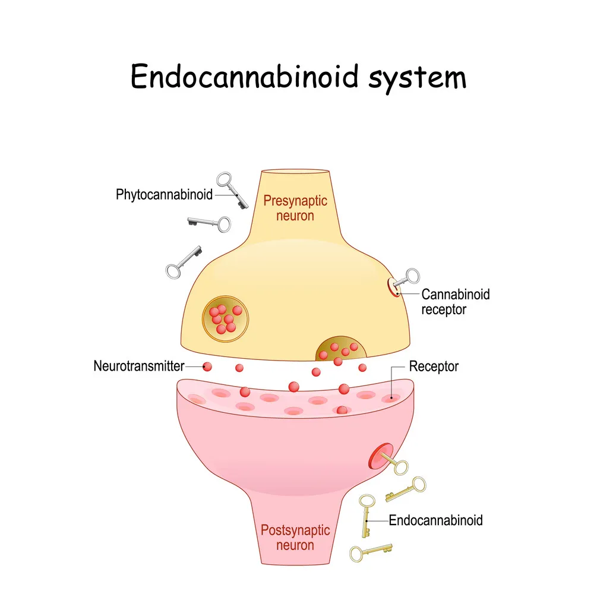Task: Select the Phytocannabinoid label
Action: [164, 194]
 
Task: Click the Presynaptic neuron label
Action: [295, 208]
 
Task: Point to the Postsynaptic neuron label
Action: [287, 536]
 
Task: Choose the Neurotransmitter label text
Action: [138, 366]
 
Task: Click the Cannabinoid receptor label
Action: [456, 301]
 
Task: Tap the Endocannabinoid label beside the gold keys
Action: [435, 520]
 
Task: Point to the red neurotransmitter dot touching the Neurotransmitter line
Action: [207, 366]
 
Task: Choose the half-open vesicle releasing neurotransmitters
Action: [339, 350]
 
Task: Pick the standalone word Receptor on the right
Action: [434, 366]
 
